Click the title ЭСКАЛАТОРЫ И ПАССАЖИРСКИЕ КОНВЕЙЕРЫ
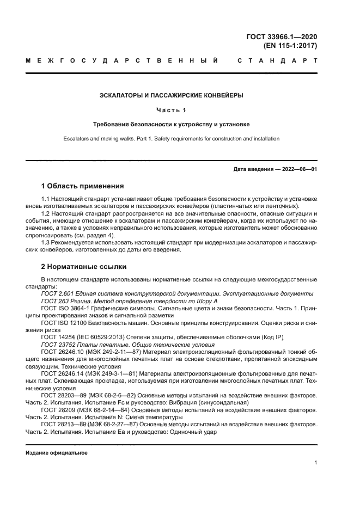[172, 95]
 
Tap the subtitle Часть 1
[172, 110]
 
